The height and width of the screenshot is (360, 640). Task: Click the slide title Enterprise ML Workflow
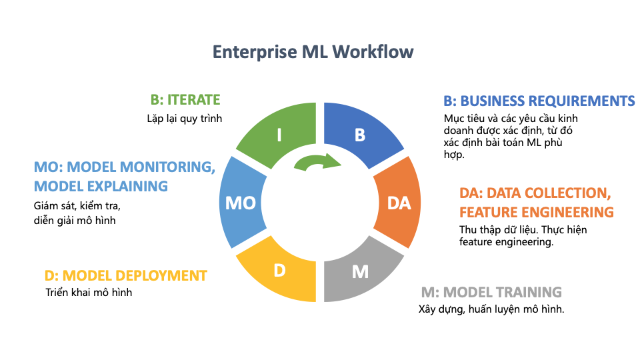pos(313,52)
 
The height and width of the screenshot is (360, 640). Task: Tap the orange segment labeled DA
pos(398,203)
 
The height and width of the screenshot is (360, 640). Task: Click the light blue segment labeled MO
pos(241,203)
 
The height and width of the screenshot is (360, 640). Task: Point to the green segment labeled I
pos(279,135)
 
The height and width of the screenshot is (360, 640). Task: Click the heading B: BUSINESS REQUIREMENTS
pos(539,101)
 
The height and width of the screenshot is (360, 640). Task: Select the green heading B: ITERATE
pos(185,100)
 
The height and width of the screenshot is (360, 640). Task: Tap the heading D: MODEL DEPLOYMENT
pos(125,275)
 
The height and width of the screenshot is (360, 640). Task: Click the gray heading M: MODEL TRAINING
pos(491,292)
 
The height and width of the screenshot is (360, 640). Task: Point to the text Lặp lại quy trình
pos(184,119)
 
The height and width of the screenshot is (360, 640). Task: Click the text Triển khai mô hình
pos(89,292)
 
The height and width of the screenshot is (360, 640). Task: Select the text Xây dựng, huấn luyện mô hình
pos(491,309)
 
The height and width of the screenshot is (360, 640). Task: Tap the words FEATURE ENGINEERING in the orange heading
pos(536,212)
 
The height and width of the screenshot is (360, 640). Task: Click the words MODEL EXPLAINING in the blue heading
pos(101,185)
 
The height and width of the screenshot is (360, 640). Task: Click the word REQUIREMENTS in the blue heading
pos(581,101)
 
